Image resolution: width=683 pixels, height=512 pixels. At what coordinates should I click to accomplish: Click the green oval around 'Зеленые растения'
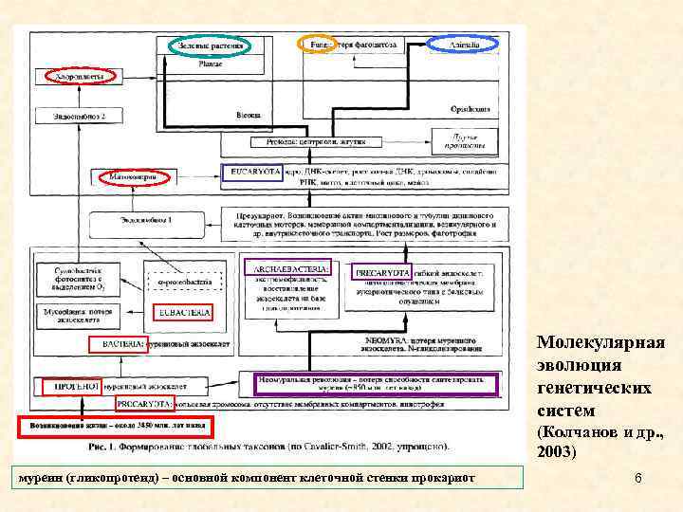pyautogui.click(x=211, y=45)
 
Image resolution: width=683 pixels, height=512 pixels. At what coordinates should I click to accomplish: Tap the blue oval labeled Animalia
pyautogui.click(x=463, y=44)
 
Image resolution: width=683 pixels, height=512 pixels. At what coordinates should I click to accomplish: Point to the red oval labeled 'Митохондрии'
pyautogui.click(x=133, y=176)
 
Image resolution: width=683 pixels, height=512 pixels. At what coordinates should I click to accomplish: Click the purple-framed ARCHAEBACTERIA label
pyautogui.click(x=287, y=268)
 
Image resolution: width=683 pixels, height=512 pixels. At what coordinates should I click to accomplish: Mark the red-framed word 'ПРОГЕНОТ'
pyautogui.click(x=71, y=387)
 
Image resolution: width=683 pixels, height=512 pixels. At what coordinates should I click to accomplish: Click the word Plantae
pyautogui.click(x=212, y=64)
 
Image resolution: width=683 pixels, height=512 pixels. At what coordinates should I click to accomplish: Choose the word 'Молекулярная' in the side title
pyautogui.click(x=601, y=342)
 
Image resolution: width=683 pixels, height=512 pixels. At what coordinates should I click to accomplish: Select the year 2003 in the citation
pyautogui.click(x=556, y=453)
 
